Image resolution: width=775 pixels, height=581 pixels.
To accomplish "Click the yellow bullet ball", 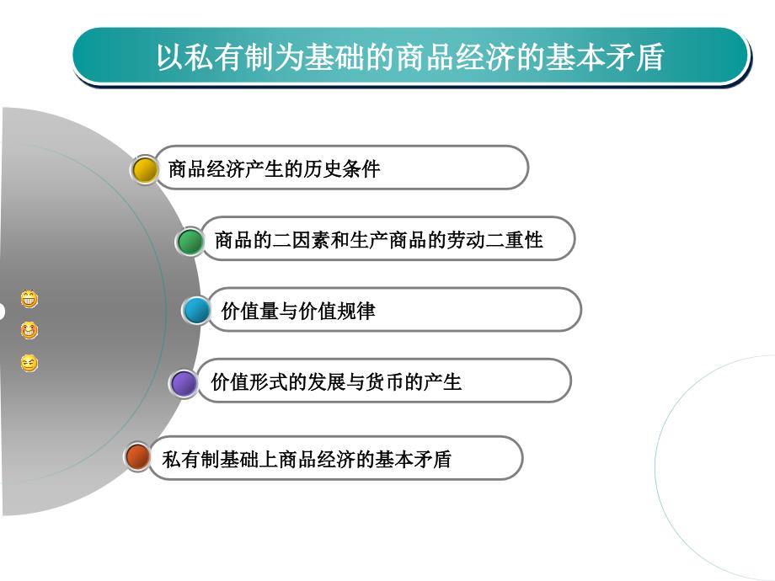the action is coord(145,170).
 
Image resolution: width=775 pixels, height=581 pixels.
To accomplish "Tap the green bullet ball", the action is coord(190,241).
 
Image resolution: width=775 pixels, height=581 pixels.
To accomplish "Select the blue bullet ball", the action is coord(197,310).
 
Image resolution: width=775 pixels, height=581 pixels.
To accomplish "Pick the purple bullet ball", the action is coord(184,383).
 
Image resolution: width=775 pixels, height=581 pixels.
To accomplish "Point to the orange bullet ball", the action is coord(137,456).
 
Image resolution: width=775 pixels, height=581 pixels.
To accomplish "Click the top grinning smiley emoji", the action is coord(29,298).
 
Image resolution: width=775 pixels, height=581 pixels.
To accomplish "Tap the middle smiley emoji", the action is coord(29,330).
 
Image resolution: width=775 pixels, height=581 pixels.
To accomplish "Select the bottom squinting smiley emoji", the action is coord(29,363).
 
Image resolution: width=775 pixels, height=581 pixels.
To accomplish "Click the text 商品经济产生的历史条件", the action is coord(274,169).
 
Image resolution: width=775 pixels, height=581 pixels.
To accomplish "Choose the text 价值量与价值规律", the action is coord(298,312).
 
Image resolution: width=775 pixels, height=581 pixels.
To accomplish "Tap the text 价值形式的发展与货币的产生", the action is coord(336,382).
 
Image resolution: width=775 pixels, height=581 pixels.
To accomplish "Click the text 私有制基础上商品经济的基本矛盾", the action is coord(307,459).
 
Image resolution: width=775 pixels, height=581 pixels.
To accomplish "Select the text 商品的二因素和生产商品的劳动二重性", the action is coord(378,240).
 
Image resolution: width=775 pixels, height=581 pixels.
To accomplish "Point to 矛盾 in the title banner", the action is coord(634,56).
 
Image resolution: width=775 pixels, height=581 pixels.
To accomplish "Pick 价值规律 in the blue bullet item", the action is coord(337,312).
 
